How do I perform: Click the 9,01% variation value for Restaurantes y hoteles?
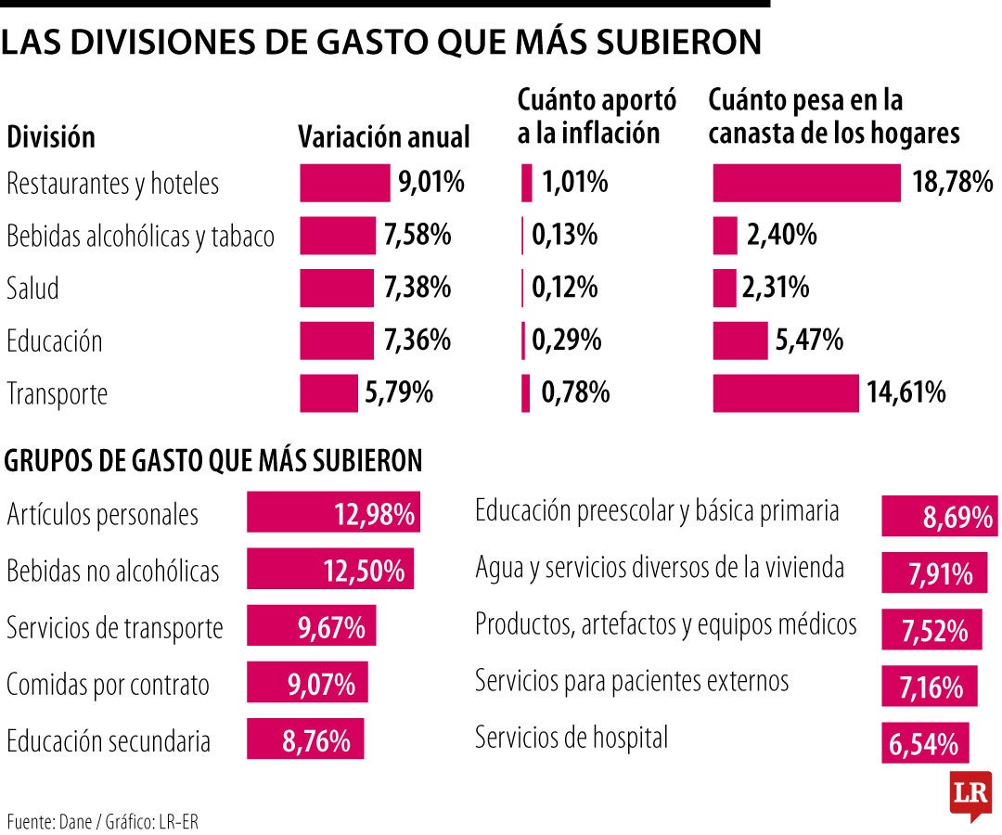pyautogui.click(x=430, y=183)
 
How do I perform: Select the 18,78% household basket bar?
pyautogui.click(x=805, y=183)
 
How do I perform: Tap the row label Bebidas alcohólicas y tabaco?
pyautogui.click(x=140, y=237)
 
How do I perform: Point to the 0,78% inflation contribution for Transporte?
pyautogui.click(x=575, y=393)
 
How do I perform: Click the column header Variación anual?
pyautogui.click(x=383, y=137)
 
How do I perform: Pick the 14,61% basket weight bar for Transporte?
pyautogui.click(x=785, y=393)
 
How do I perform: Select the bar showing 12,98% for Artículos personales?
pyautogui.click(x=333, y=512)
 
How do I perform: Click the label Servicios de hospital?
pyautogui.click(x=571, y=739)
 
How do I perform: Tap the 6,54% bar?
pyautogui.click(x=924, y=742)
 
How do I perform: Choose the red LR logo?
pyautogui.click(x=970, y=794)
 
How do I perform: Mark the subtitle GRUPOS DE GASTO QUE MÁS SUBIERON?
pyautogui.click(x=213, y=460)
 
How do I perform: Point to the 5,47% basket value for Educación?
pyautogui.click(x=809, y=340)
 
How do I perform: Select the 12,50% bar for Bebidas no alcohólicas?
pyautogui.click(x=329, y=569)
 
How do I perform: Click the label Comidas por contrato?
pyautogui.click(x=108, y=687)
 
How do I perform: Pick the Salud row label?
pyautogui.click(x=32, y=289)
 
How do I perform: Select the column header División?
pyautogui.click(x=51, y=138)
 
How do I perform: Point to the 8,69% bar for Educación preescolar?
pyautogui.click(x=939, y=516)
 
